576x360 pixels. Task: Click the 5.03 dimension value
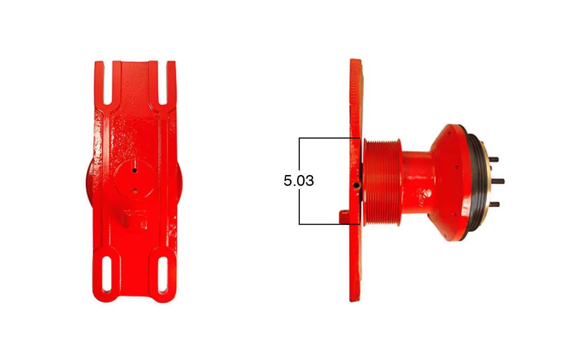[x=298, y=180]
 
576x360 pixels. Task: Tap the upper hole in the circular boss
[x=135, y=170]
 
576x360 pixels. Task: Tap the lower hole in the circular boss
[x=135, y=190]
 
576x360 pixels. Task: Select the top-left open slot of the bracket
[x=108, y=83]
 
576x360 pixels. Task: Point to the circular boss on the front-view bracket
[x=134, y=180]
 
